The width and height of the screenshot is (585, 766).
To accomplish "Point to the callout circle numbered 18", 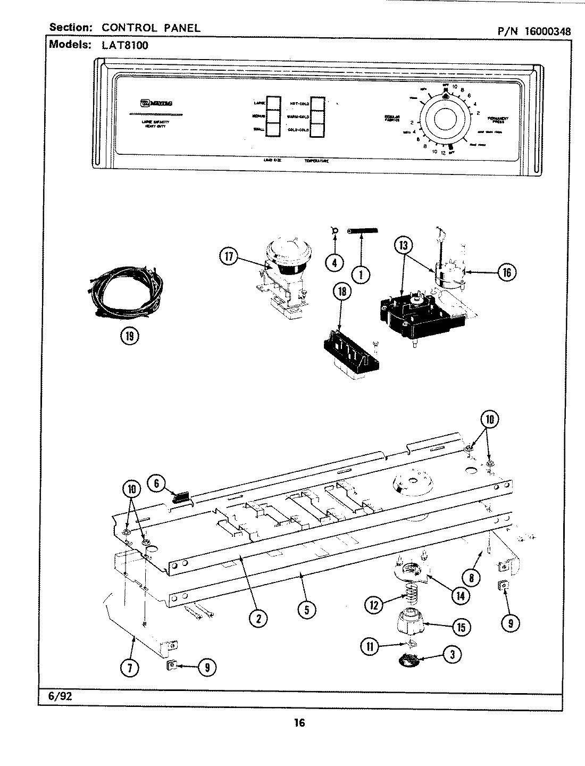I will tap(342, 292).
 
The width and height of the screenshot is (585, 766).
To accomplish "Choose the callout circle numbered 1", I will tap(361, 274).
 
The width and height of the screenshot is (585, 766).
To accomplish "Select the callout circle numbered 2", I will tap(258, 618).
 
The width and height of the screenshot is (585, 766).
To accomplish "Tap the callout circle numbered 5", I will tap(307, 609).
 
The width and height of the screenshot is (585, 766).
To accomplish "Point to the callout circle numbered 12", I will tap(374, 604).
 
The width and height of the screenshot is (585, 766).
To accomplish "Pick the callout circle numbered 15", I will tap(461, 627).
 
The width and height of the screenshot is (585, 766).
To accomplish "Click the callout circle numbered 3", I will tap(452, 655).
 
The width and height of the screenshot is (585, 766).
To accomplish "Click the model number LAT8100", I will tap(124, 45).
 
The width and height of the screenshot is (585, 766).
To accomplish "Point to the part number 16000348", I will tap(547, 31).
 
